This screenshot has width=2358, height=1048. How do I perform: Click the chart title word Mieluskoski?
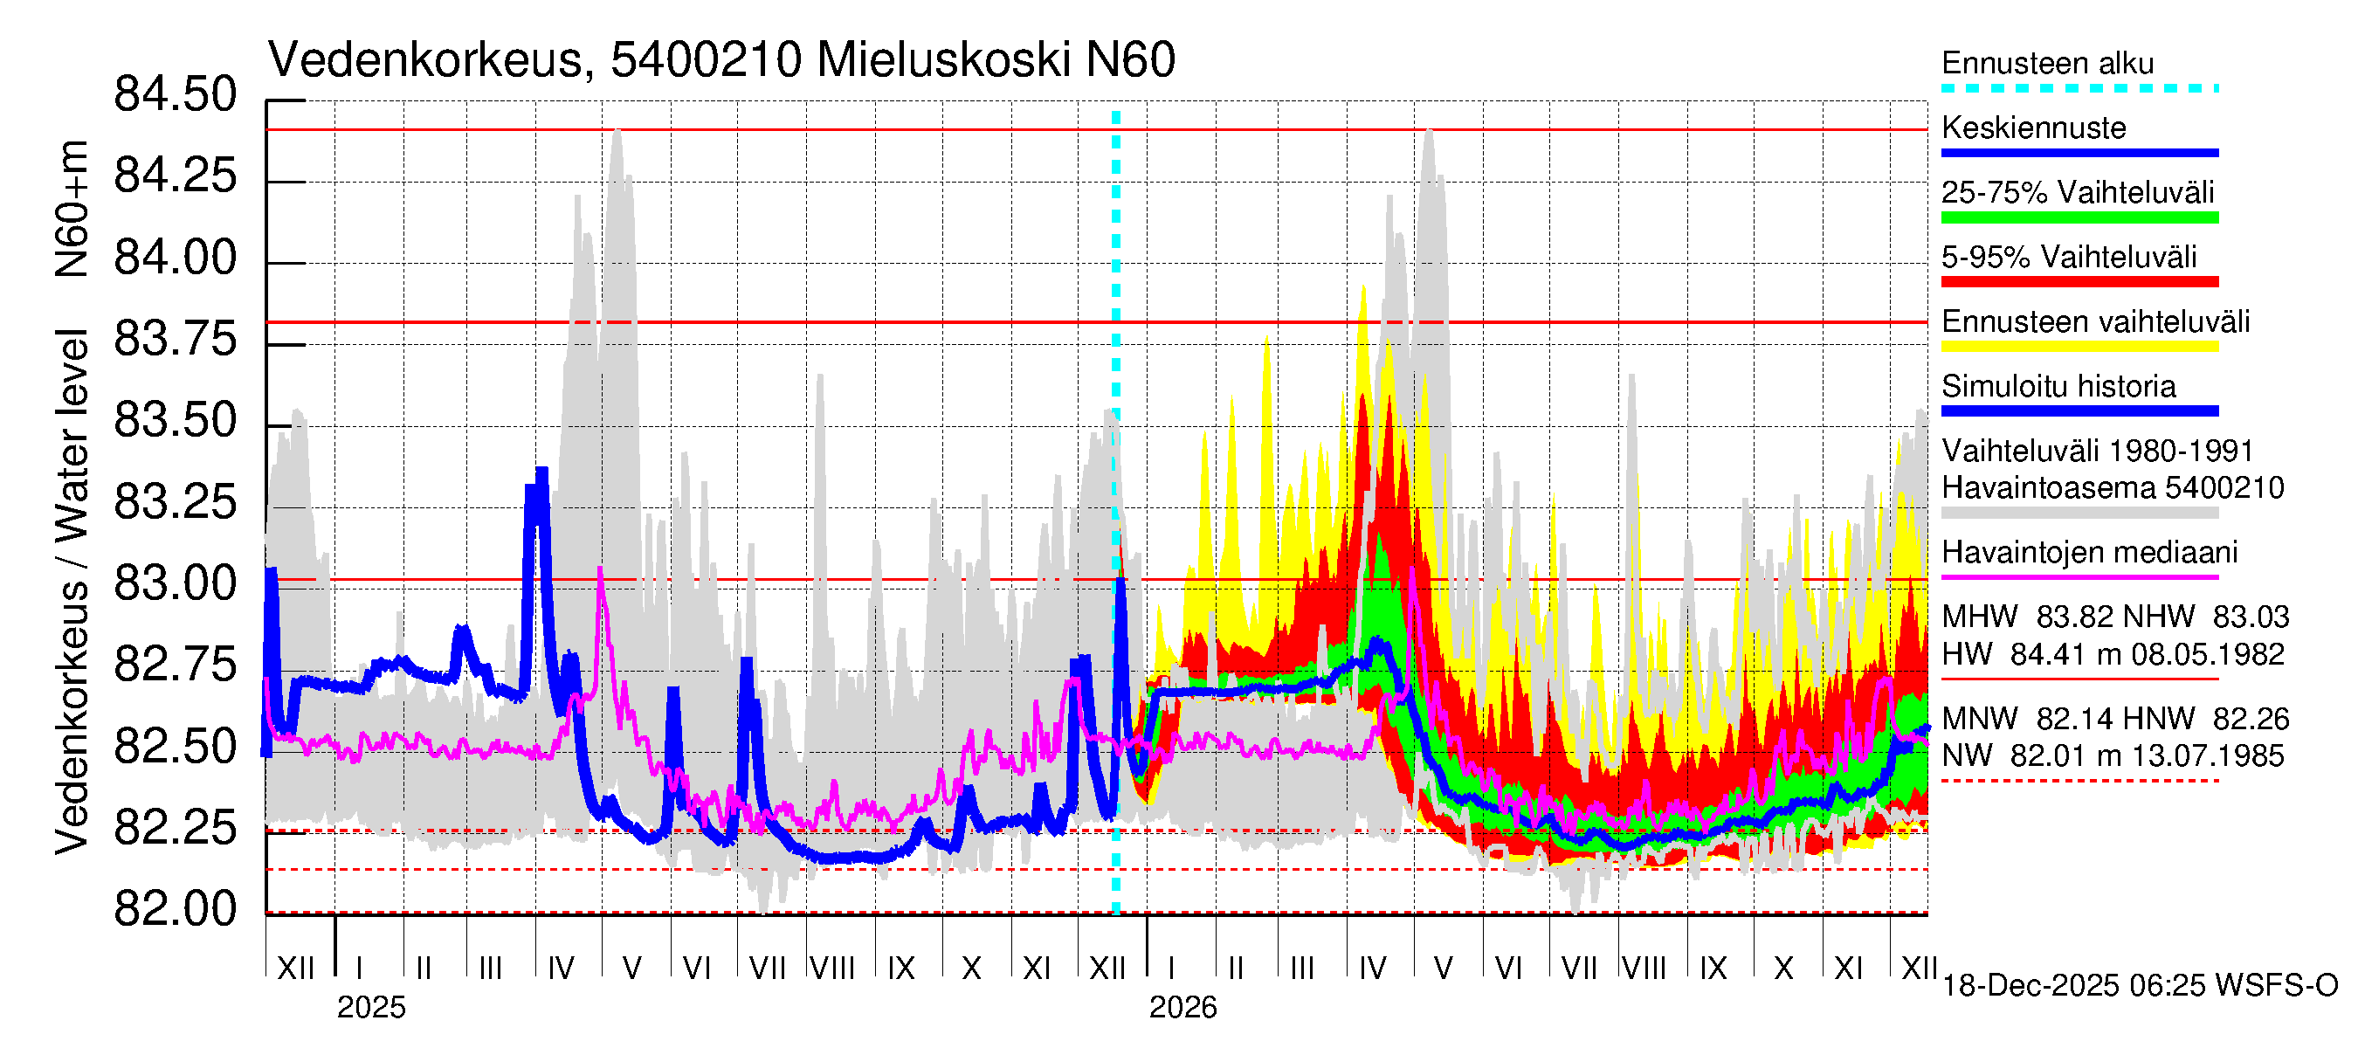pos(943,60)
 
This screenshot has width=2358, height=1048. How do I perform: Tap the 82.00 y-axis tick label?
pos(175,910)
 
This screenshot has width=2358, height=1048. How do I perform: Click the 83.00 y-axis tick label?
pos(175,584)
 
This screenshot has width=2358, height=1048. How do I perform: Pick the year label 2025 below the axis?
pos(370,1008)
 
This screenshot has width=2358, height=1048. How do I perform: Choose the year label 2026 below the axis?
pos(1182,1008)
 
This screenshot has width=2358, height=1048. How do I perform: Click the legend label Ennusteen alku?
pos(2047,63)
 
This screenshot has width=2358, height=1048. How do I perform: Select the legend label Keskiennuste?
pos(2033,128)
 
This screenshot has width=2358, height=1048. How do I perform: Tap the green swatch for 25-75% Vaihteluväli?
pos(2079,217)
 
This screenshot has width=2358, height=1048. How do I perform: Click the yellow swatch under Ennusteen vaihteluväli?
pos(2079,347)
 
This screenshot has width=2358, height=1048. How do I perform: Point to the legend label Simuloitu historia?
pos(2058,386)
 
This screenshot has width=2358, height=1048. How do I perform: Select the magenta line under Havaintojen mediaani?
pos(2079,577)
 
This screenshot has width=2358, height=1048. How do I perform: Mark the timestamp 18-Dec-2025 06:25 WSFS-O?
pos(2139,986)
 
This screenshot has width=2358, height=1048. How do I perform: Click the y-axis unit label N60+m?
pos(72,209)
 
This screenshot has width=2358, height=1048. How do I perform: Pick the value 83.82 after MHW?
pos(2070,617)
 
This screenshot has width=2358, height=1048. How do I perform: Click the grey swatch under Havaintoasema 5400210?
pos(2079,514)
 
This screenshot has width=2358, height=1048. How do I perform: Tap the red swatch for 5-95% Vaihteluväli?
pos(2079,282)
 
